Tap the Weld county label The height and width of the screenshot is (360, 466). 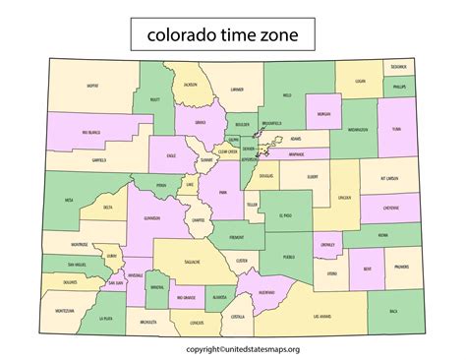287,95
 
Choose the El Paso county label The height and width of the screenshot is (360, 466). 285,214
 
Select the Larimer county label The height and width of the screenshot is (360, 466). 236,90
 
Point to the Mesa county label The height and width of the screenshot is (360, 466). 69,200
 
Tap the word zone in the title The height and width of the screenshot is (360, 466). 292,36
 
